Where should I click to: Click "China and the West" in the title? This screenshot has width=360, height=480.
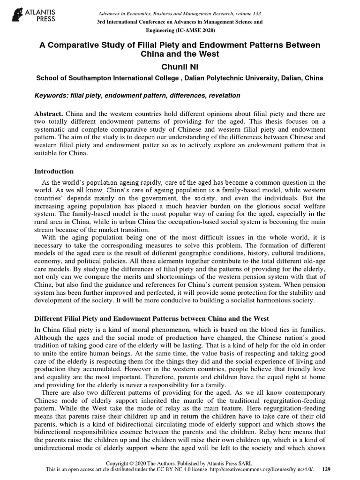click(x=180, y=54)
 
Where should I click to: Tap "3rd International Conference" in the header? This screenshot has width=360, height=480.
click(x=136, y=22)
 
